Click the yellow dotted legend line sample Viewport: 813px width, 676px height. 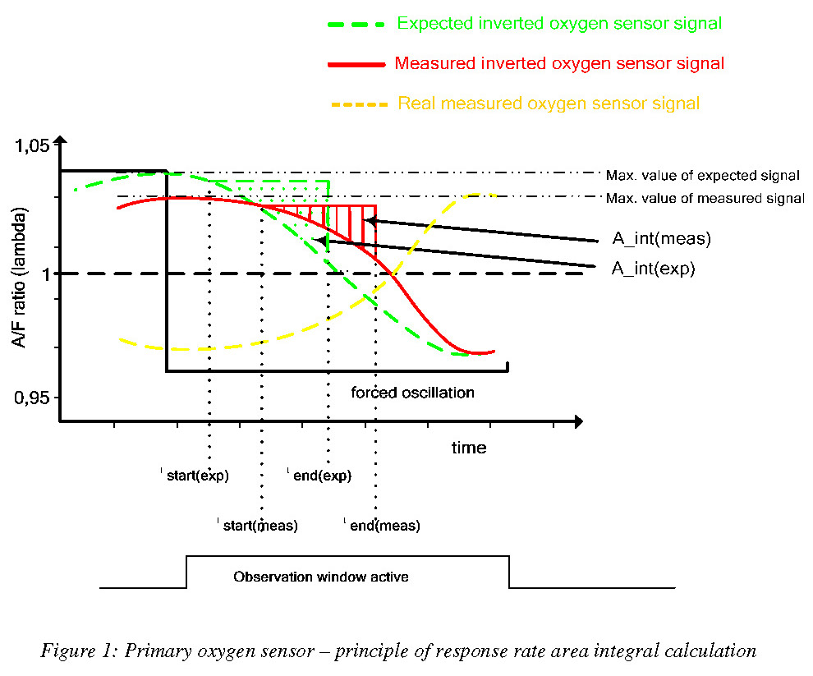(358, 104)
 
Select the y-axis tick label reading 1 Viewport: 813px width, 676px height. (44, 274)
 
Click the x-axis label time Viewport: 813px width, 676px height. (468, 448)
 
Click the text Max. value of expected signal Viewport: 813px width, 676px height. (703, 175)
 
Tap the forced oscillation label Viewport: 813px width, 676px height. (412, 393)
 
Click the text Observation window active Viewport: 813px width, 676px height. (321, 577)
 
